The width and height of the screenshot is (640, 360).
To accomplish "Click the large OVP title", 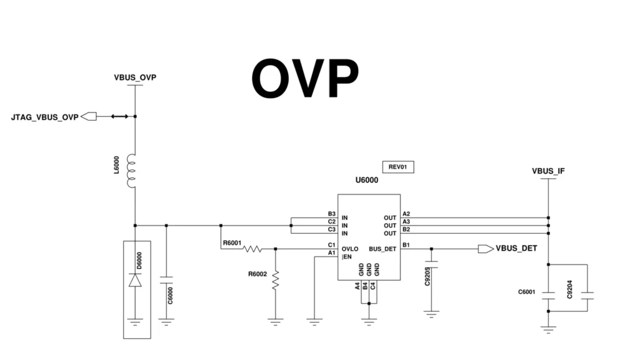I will (305, 78).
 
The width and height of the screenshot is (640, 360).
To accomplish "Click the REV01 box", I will (398, 167).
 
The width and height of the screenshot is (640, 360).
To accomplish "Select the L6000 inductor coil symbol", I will (132, 171).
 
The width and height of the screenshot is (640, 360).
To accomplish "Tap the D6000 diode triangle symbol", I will (135, 281).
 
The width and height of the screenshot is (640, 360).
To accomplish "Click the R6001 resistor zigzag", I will (252, 249).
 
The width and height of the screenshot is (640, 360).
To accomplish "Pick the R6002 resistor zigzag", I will (275, 279).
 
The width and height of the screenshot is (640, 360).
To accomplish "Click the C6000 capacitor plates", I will (166, 279).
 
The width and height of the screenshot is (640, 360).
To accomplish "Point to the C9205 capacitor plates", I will (431, 264).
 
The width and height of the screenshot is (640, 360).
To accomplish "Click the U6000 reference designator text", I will (367, 180).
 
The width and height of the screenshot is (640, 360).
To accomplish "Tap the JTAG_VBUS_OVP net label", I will (45, 117).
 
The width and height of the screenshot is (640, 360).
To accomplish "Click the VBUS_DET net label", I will (516, 249).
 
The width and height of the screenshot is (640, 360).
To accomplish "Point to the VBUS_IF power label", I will (548, 171).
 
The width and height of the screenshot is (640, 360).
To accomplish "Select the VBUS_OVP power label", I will (135, 78).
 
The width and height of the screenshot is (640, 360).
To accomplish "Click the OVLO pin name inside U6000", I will (350, 249).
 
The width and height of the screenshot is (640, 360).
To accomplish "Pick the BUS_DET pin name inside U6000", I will (382, 249).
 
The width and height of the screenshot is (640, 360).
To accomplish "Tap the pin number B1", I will (406, 244).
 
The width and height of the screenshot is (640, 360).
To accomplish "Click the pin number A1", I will (332, 252).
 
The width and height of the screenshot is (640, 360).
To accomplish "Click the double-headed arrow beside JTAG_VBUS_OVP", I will (119, 116).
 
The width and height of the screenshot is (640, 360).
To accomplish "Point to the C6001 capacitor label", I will (527, 292).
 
